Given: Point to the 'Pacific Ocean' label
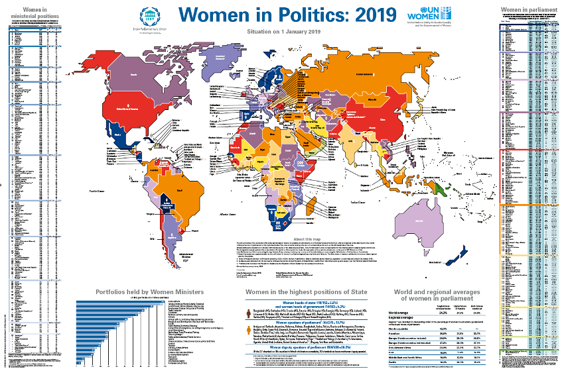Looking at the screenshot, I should point(92,191).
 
